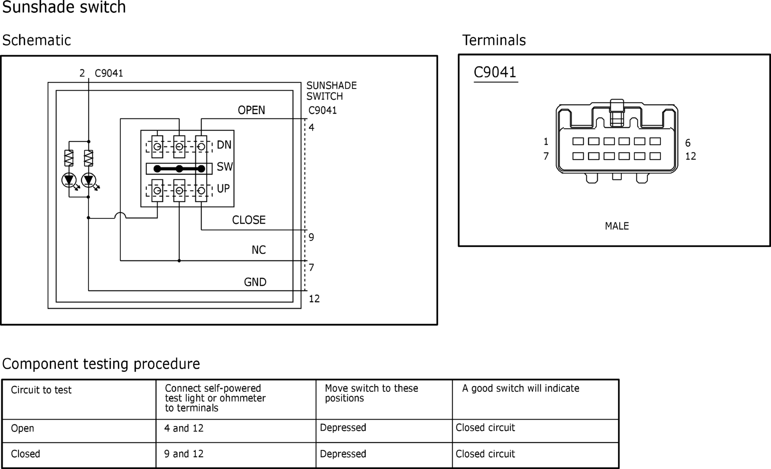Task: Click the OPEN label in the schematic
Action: (x=251, y=110)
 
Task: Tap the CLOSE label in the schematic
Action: (x=249, y=220)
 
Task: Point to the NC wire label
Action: (x=259, y=250)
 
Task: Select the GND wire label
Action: (x=255, y=282)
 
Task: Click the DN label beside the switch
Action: (x=224, y=145)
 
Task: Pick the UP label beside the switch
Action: (x=223, y=189)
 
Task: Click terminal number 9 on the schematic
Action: (x=311, y=237)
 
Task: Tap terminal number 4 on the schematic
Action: (x=311, y=127)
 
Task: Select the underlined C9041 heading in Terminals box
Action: (x=495, y=72)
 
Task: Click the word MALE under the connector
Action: (x=617, y=226)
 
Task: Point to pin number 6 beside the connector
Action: (x=688, y=143)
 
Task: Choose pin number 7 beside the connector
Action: (x=546, y=156)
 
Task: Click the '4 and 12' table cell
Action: (x=184, y=428)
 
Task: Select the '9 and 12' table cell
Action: (x=184, y=454)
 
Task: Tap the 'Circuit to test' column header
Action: (x=41, y=390)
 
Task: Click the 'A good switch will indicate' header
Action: (x=521, y=388)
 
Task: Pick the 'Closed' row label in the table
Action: (x=25, y=454)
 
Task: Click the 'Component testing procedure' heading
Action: (x=101, y=364)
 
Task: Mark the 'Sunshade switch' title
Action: (x=64, y=7)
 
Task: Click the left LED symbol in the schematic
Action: (x=69, y=180)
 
